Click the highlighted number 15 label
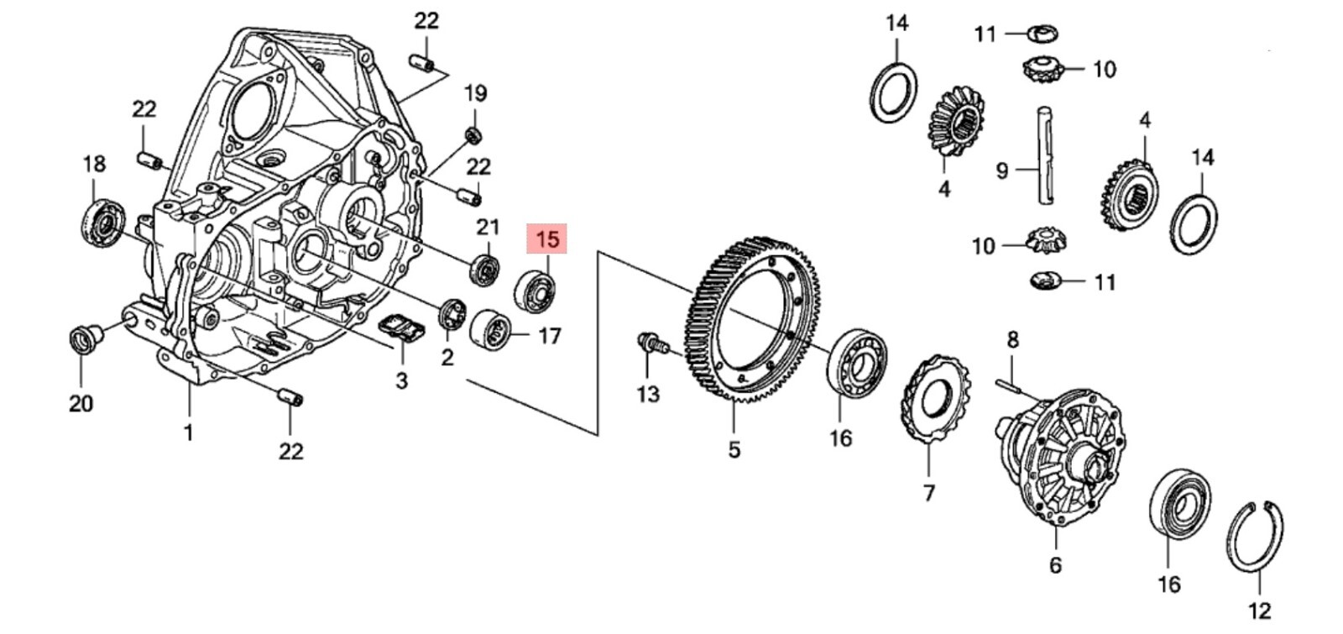546,239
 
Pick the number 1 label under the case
188,433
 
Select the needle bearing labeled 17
491,331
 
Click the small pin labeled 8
1016,387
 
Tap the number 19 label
475,93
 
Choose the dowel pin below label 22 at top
421,63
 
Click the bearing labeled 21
485,268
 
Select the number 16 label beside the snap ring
1168,584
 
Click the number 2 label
447,357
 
